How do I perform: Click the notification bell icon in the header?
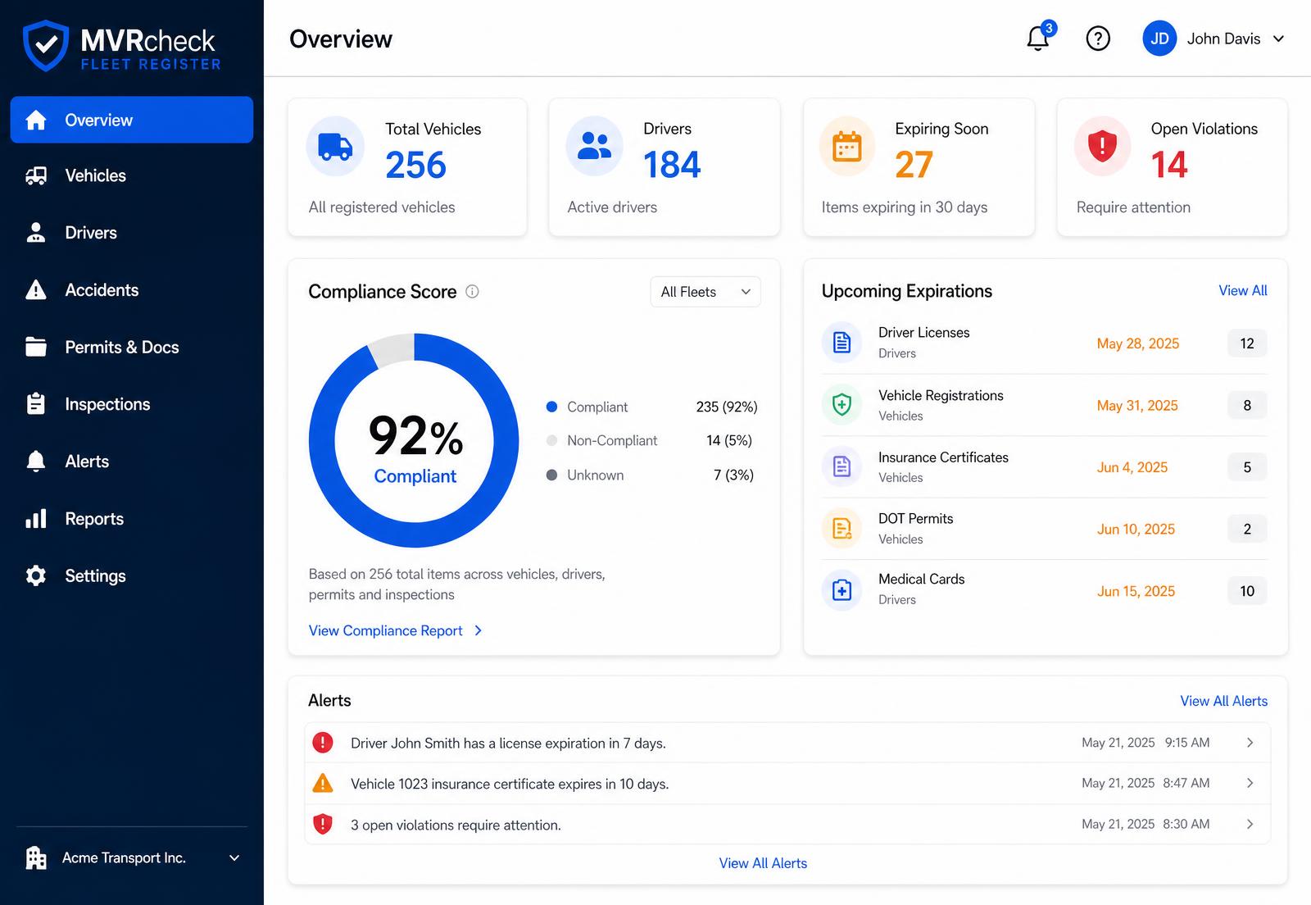pos(1038,39)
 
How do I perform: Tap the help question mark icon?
pos(1098,39)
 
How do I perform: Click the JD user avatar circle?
pos(1159,39)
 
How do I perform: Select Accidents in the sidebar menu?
pos(102,289)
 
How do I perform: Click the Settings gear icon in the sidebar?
pos(36,575)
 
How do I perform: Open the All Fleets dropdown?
pos(705,292)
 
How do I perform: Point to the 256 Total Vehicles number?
pos(415,165)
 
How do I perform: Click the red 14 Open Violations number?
pos(1168,165)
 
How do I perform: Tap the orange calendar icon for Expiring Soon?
pos(847,147)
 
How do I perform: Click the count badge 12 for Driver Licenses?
pos(1246,343)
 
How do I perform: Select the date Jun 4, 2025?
pos(1132,467)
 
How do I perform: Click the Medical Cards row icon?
pos(841,590)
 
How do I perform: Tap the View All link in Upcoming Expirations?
pos(1242,290)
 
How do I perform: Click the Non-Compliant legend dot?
pos(551,440)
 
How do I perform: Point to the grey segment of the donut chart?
pos(391,349)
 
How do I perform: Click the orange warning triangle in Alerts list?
pos(323,783)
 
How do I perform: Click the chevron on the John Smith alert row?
pos(1250,743)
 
